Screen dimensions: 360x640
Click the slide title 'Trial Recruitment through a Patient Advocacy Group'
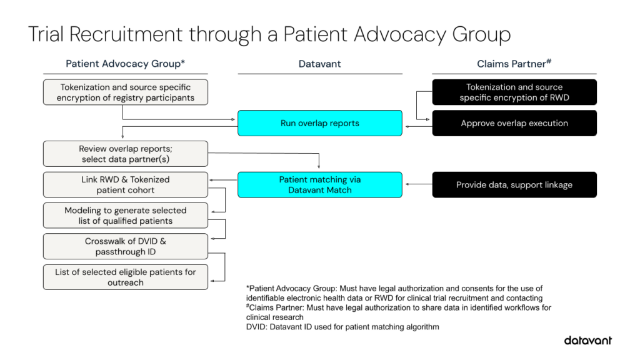click(x=269, y=34)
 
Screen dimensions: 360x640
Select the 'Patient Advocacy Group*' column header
click(x=125, y=64)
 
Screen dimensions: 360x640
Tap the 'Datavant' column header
click(x=319, y=64)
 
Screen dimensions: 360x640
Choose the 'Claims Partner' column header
click(x=514, y=64)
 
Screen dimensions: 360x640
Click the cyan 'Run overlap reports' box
click(x=319, y=123)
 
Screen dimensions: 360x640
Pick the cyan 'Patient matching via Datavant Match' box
click(x=319, y=184)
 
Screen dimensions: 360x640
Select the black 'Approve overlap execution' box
click(x=514, y=123)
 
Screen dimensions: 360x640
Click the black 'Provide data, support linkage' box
click(x=514, y=184)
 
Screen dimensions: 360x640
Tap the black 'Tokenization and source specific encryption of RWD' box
click(x=514, y=92)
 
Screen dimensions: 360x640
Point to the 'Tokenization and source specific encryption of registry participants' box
click(x=125, y=92)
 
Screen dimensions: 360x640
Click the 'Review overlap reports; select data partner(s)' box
click(x=125, y=154)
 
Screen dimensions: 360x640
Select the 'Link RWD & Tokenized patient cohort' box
click(x=125, y=184)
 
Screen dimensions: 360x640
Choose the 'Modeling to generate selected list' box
click(x=125, y=216)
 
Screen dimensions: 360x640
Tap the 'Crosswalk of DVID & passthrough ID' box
click(x=125, y=246)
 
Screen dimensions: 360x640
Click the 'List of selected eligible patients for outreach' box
click(x=125, y=277)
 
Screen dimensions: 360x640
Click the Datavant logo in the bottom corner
click(x=587, y=341)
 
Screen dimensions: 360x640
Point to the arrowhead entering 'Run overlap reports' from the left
click(x=234, y=118)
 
